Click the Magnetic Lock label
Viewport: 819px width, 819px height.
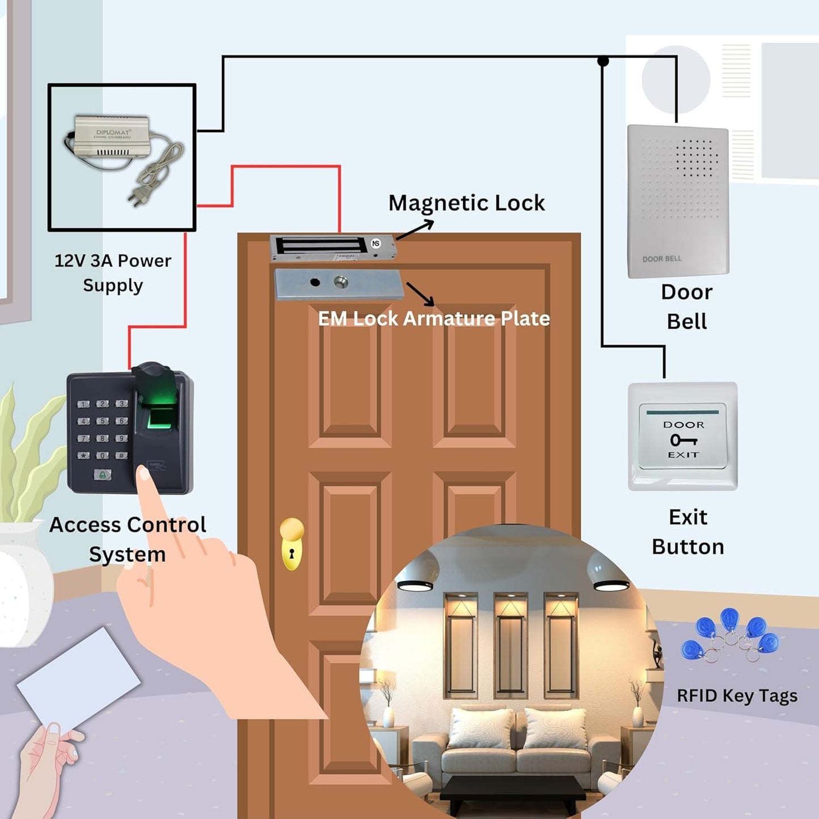click(466, 203)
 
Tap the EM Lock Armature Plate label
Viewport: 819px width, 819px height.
click(434, 319)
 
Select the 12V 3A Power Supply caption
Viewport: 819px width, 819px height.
click(113, 273)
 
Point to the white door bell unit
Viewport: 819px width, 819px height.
click(678, 201)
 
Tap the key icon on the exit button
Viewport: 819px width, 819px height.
click(683, 440)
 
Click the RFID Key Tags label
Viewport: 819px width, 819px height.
click(737, 695)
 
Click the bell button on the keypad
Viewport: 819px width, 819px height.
click(103, 474)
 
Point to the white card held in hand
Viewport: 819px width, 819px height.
click(78, 680)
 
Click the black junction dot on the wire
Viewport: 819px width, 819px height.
click(603, 61)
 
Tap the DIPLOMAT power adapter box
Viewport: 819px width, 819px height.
click(112, 137)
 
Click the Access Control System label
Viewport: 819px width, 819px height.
click(128, 539)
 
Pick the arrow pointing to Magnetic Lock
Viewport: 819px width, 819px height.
click(415, 230)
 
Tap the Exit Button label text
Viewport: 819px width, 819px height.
click(688, 532)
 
